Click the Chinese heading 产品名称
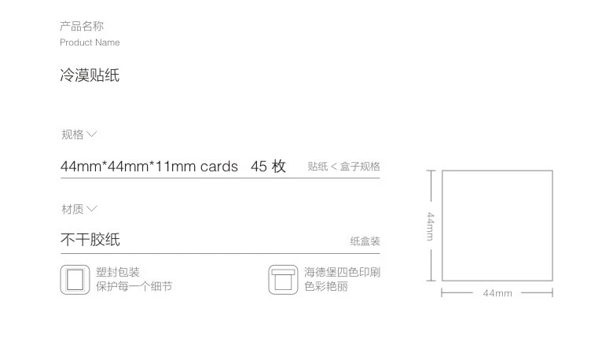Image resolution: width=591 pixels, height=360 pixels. [82, 27]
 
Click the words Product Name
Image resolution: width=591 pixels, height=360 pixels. [90, 42]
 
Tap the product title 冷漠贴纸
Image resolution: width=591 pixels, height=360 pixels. [90, 76]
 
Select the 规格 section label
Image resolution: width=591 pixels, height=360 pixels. [72, 134]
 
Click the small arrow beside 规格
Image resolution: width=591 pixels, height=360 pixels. [92, 134]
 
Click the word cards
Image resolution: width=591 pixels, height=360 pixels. [218, 167]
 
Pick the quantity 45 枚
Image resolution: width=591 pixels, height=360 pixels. [268, 167]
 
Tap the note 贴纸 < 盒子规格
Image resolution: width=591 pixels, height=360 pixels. [343, 167]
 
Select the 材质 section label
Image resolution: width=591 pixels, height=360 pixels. [72, 209]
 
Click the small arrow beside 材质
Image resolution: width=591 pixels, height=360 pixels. [92, 209]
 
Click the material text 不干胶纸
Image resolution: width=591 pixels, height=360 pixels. [90, 240]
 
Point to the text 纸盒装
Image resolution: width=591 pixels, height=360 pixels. [365, 241]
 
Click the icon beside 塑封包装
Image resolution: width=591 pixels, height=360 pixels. [75, 280]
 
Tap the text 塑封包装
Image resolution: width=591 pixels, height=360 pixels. [118, 273]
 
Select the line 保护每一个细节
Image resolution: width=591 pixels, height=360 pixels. [134, 287]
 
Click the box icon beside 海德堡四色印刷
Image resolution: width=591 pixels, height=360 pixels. [283, 280]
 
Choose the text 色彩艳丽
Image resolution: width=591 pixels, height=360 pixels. [326, 287]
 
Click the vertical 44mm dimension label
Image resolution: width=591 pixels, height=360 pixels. [431, 226]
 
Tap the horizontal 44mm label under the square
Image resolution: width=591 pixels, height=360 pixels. [497, 293]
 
